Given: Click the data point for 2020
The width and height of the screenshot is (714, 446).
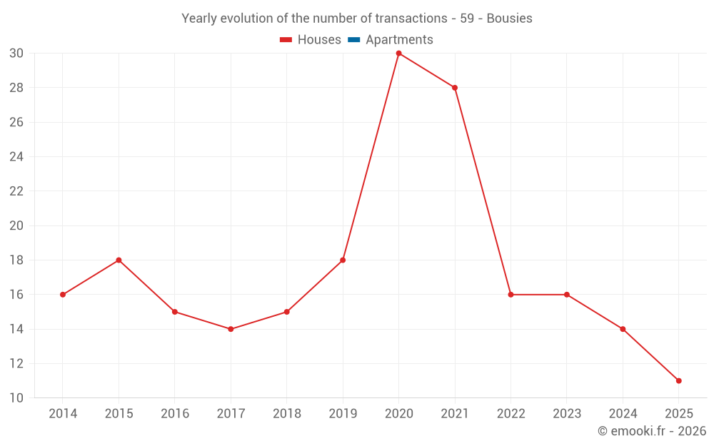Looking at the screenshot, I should pyautogui.click(x=398, y=54).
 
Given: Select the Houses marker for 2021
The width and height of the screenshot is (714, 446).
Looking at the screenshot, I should pyautogui.click(x=455, y=88).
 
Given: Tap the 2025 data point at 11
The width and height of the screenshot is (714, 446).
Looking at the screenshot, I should pyautogui.click(x=678, y=380).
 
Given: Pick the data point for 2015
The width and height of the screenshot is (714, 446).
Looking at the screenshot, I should pyautogui.click(x=119, y=260).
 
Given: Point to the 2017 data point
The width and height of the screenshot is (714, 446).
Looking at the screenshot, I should pyautogui.click(x=231, y=329).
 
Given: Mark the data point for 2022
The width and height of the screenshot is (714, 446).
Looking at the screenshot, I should pyautogui.click(x=511, y=295).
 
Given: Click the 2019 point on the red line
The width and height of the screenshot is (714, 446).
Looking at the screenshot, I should pyautogui.click(x=343, y=260).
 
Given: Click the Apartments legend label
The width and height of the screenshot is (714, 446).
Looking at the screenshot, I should pyautogui.click(x=399, y=40).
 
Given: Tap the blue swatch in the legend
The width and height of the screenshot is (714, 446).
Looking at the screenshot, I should pyautogui.click(x=354, y=40).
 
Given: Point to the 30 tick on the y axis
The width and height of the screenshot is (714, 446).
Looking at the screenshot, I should pyautogui.click(x=16, y=54).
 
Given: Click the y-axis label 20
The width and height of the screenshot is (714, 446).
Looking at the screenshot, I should pyautogui.click(x=16, y=225).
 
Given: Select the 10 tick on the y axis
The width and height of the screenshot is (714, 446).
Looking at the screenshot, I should pyautogui.click(x=16, y=398).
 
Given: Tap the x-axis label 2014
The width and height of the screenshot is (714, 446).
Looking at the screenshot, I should pyautogui.click(x=63, y=414).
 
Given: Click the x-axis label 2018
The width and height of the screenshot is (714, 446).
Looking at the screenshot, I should pyautogui.click(x=286, y=414).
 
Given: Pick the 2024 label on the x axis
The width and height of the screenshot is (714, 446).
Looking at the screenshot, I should pyautogui.click(x=623, y=414).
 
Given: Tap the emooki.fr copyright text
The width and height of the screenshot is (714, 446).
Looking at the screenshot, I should pyautogui.click(x=651, y=431).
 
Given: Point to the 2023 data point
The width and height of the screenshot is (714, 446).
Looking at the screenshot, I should pyautogui.click(x=567, y=295).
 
